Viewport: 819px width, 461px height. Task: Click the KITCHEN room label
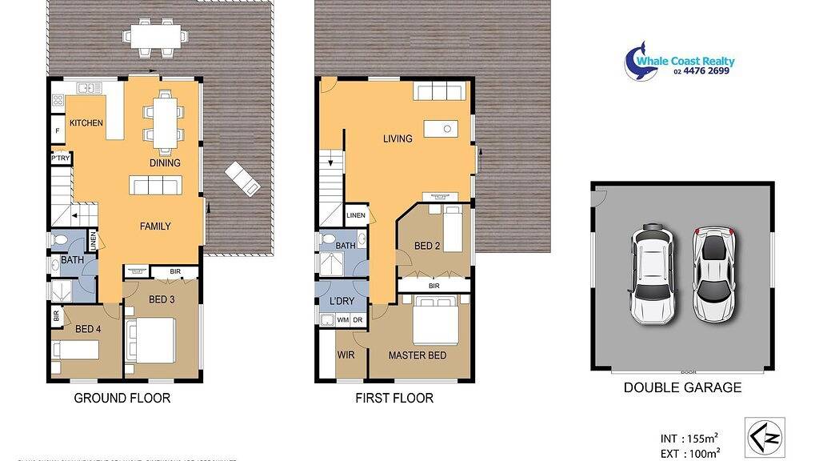[86, 123]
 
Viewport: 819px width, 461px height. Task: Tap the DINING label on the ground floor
[166, 163]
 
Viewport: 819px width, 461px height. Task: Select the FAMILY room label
[155, 226]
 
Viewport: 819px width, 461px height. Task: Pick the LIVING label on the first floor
[398, 139]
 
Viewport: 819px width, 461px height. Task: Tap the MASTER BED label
[417, 355]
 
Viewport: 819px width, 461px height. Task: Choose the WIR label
[346, 355]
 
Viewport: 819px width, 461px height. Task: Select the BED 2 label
[427, 247]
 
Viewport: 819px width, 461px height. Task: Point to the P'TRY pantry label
[61, 158]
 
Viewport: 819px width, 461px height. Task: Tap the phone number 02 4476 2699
[701, 71]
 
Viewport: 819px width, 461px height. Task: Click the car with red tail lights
[713, 275]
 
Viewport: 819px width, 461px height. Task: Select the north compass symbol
[764, 437]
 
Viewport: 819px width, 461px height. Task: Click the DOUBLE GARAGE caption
[682, 388]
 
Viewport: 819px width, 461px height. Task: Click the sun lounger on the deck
[242, 178]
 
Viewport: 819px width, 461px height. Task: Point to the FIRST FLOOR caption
[394, 398]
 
